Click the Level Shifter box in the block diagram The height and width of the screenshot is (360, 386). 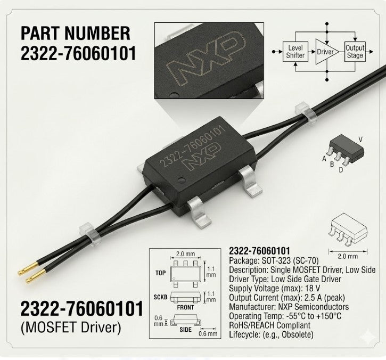pyautogui.click(x=295, y=52)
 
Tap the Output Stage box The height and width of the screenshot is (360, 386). pyautogui.click(x=355, y=52)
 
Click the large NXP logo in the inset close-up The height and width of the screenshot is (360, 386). pyautogui.click(x=206, y=59)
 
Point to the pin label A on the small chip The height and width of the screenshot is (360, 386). pyautogui.click(x=324, y=159)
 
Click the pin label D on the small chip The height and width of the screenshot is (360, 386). pyautogui.click(x=341, y=170)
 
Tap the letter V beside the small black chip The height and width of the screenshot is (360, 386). pyautogui.click(x=360, y=140)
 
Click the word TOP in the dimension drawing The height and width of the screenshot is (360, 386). pyautogui.click(x=160, y=273)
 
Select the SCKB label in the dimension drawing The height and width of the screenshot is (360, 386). pyautogui.click(x=160, y=297)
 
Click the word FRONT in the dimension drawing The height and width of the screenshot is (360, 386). pyautogui.click(x=185, y=307)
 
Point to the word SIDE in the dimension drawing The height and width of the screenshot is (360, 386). pyautogui.click(x=185, y=330)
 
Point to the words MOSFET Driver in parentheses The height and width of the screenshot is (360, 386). pyautogui.click(x=71, y=328)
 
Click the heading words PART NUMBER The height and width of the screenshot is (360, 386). pyautogui.click(x=75, y=33)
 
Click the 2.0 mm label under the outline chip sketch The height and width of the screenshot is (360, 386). pyautogui.click(x=348, y=256)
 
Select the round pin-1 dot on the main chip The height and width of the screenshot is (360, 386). pyautogui.click(x=182, y=180)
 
